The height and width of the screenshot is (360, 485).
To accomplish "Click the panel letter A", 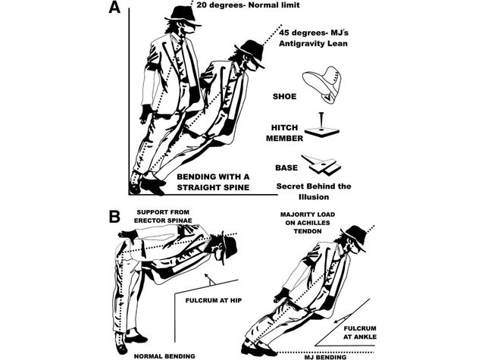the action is pyautogui.click(x=114, y=7).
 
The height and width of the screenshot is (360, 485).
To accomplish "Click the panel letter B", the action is pyautogui.click(x=114, y=217).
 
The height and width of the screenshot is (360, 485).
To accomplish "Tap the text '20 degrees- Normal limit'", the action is pyautogui.click(x=248, y=5).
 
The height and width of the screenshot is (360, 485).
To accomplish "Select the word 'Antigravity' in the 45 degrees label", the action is pyautogui.click(x=305, y=43).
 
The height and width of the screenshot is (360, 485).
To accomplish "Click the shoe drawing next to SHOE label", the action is pyautogui.click(x=321, y=84).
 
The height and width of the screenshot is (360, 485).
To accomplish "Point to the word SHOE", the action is pyautogui.click(x=284, y=96).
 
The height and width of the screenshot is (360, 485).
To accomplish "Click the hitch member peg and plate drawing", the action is pyautogui.click(x=321, y=125).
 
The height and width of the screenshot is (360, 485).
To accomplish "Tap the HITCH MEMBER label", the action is pyautogui.click(x=285, y=133).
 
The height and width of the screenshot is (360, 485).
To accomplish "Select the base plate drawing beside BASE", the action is pyautogui.click(x=321, y=164).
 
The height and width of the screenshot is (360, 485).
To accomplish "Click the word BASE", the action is pyautogui.click(x=286, y=168).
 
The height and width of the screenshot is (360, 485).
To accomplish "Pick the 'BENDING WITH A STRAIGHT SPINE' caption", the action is pyautogui.click(x=213, y=182).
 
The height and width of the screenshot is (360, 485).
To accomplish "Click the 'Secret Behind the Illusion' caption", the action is pyautogui.click(x=314, y=192).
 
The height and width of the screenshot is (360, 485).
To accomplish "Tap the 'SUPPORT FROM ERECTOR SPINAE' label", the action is pyautogui.click(x=163, y=217).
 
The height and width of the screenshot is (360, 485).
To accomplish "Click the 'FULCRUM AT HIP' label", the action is pyautogui.click(x=214, y=300).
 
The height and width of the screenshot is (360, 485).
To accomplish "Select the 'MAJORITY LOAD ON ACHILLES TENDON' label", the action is pyautogui.click(x=308, y=223).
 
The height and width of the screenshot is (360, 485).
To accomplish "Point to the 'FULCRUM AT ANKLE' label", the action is pyautogui.click(x=360, y=333).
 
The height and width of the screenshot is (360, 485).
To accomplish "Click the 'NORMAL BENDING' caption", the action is pyautogui.click(x=164, y=356).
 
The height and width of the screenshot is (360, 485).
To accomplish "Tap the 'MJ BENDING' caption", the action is pyautogui.click(x=325, y=358).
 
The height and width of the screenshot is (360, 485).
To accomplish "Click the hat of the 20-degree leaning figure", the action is pyautogui.click(x=183, y=14).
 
